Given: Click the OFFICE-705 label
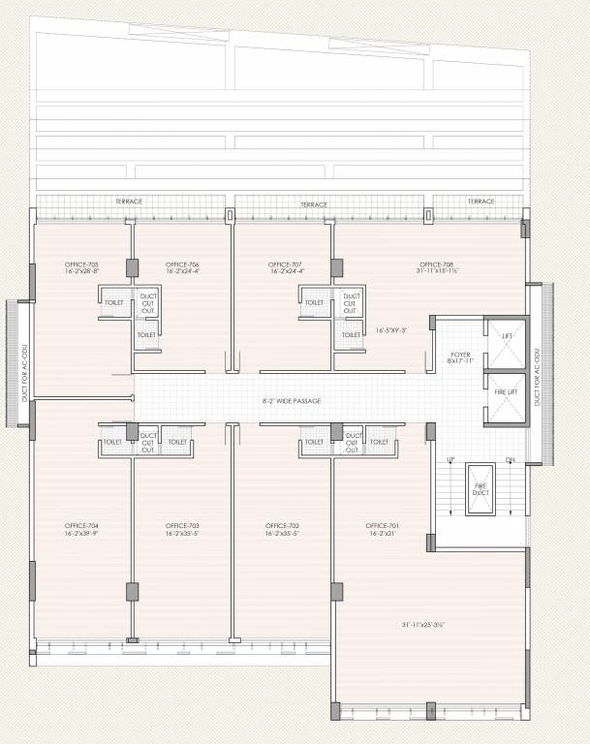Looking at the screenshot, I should click(x=81, y=264).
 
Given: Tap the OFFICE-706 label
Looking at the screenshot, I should click(x=182, y=264).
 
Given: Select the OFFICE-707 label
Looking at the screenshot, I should click(x=285, y=264).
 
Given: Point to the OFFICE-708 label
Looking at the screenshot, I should click(x=436, y=264).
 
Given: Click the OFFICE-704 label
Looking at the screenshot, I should click(x=81, y=526).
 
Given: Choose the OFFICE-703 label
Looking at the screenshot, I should click(x=182, y=526).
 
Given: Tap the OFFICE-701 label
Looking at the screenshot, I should click(x=382, y=526).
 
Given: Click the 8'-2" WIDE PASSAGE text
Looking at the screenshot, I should click(x=292, y=401).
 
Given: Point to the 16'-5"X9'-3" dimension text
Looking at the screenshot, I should click(x=391, y=330).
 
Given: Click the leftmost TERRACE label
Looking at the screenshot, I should click(x=129, y=201).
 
